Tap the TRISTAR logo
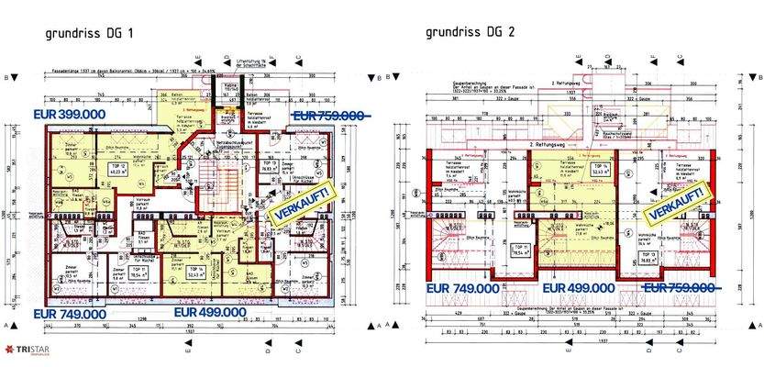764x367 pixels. (x=29, y=350)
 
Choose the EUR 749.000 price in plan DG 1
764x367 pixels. (x=72, y=314)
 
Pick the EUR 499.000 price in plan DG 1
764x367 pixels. (x=213, y=312)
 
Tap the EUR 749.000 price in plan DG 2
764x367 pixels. (x=461, y=287)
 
